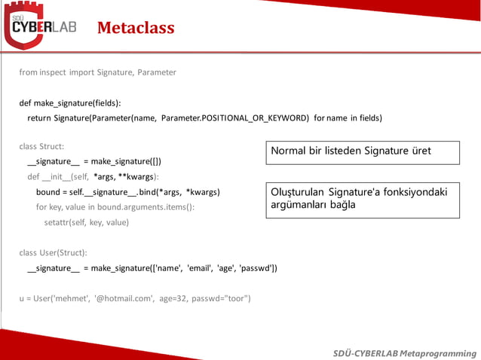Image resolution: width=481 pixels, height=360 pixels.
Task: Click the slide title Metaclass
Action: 136,29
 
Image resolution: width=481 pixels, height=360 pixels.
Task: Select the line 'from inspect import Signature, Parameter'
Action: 97,72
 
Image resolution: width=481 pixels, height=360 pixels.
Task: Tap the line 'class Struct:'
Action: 41,146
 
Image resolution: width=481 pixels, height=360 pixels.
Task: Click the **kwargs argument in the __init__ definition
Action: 136,177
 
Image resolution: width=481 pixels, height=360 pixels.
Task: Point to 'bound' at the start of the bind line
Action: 48,192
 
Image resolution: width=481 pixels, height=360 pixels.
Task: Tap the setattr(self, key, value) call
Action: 86,222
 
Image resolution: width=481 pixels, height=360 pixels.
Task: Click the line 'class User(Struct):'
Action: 53,253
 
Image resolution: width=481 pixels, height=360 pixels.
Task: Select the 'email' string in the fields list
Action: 198,268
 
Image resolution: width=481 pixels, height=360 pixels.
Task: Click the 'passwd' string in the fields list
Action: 258,268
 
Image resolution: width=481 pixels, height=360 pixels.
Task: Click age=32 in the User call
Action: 174,298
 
